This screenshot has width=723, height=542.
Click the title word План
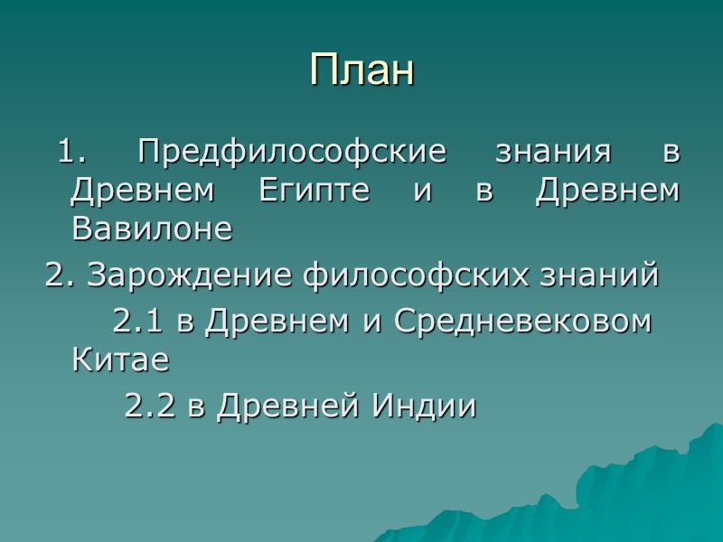pyautogui.click(x=361, y=70)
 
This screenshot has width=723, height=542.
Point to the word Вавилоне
pyautogui.click(x=151, y=229)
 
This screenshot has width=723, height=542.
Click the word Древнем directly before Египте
pyautogui.click(x=144, y=191)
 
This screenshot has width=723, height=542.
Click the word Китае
pyautogui.click(x=119, y=360)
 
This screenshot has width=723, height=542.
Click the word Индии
pyautogui.click(x=417, y=406)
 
